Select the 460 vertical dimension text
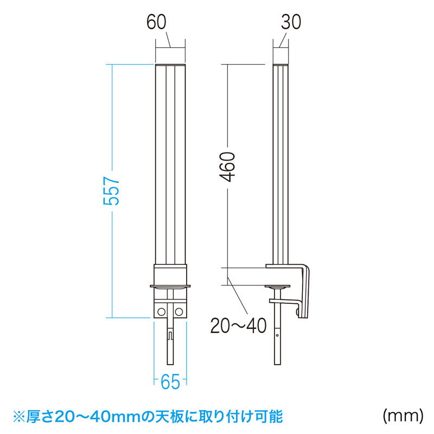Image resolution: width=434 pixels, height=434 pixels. [x=227, y=167]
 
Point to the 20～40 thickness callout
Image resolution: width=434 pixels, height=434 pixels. [x=238, y=325]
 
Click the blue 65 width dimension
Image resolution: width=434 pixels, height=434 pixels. [x=170, y=382]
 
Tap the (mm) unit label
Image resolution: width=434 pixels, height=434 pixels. [x=403, y=416]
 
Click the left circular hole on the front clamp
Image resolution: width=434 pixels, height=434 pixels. [x=161, y=312]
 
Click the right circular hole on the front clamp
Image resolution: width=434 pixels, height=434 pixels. [x=179, y=312]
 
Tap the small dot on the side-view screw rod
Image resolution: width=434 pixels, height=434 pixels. [x=277, y=335]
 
